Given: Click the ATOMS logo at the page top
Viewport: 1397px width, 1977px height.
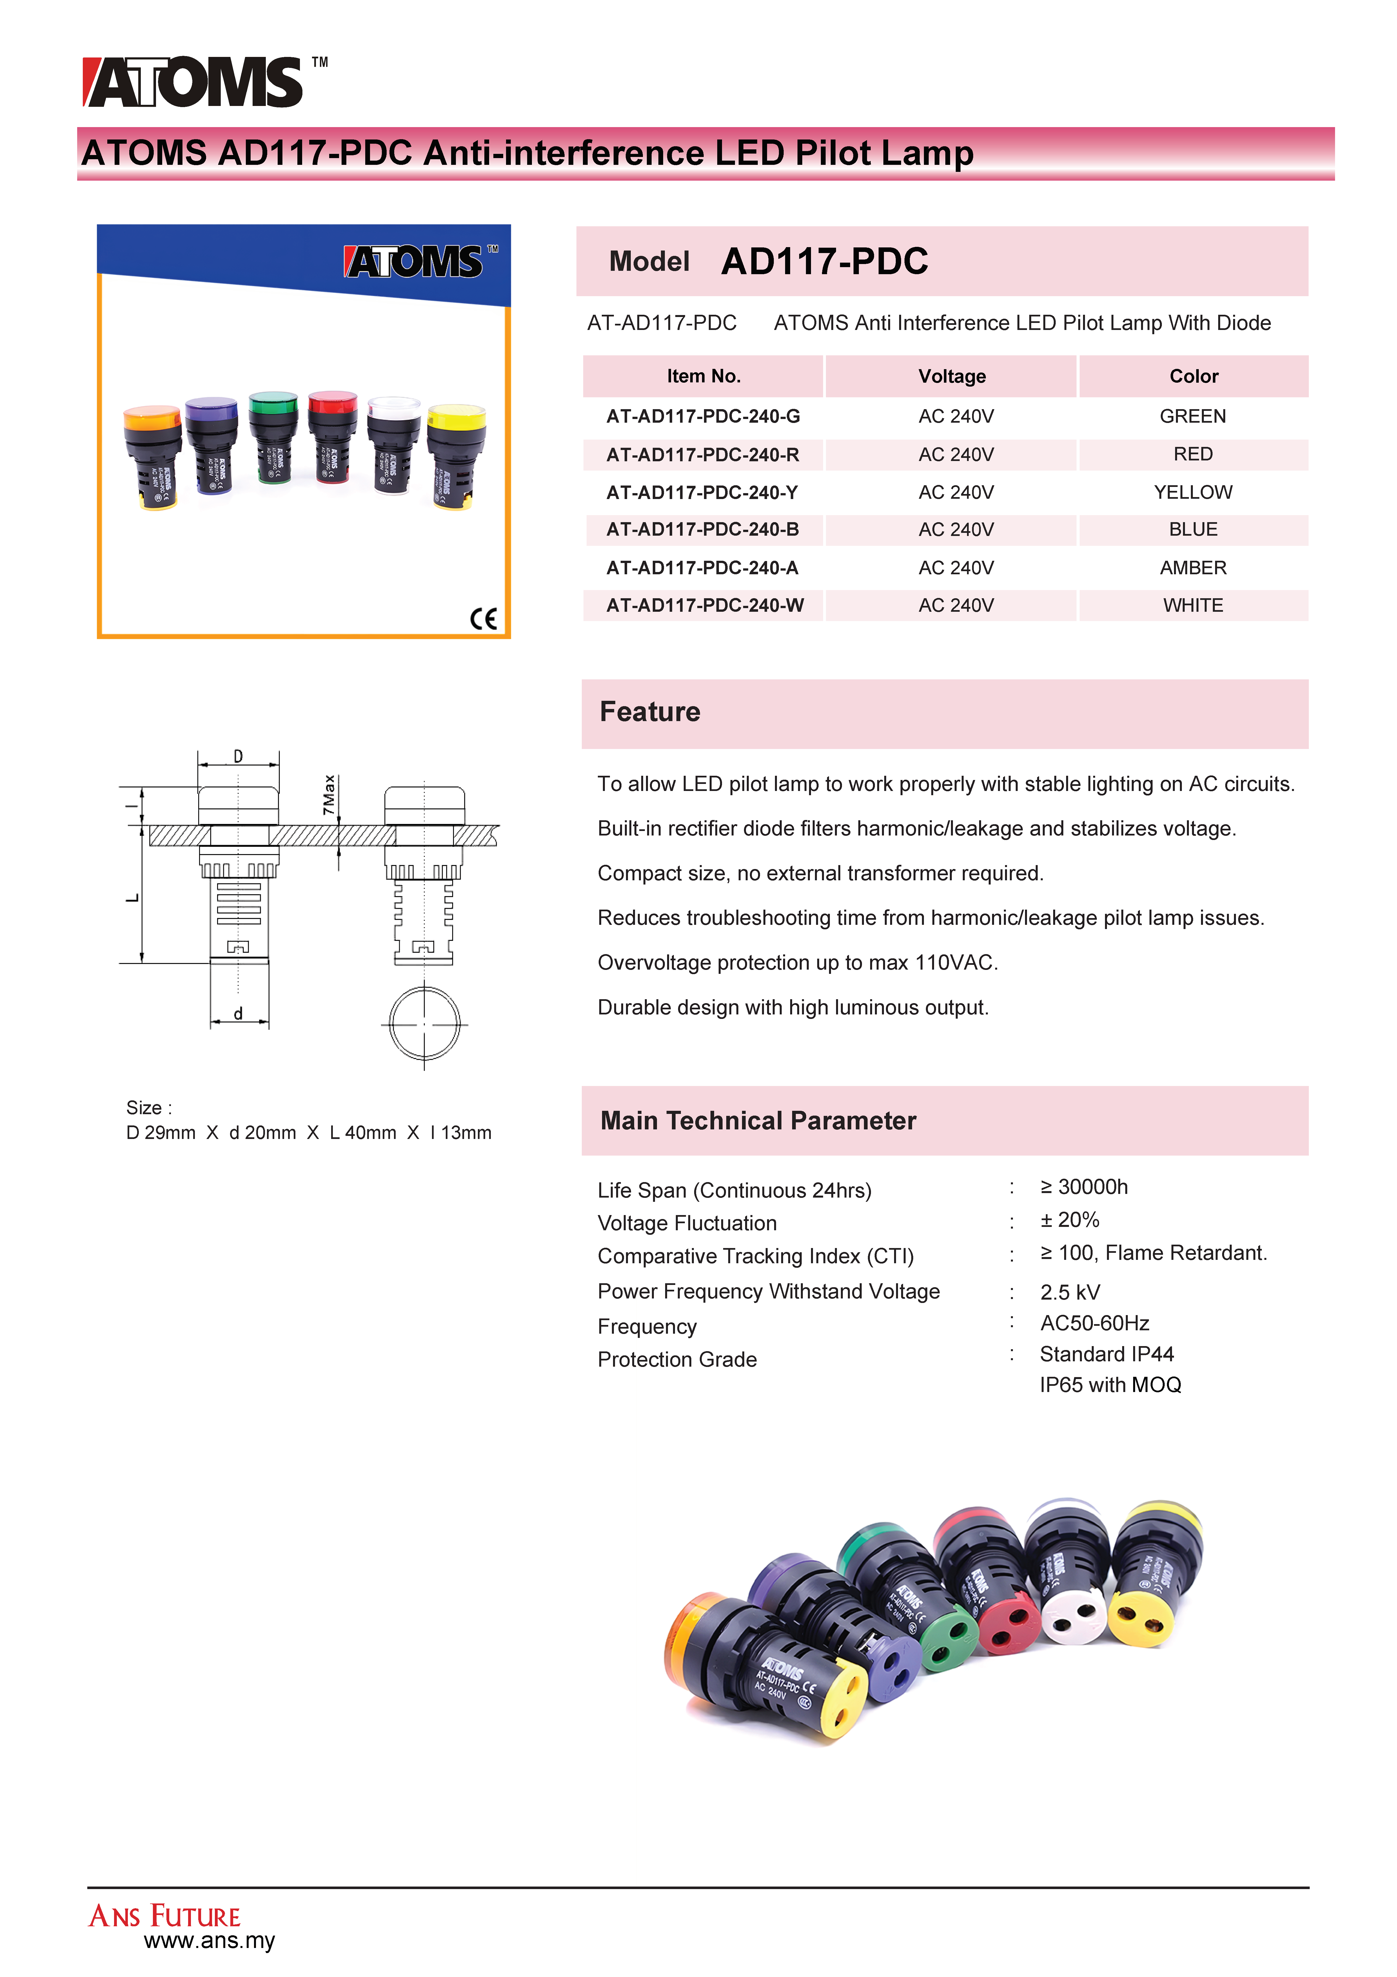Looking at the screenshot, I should pyautogui.click(x=194, y=83).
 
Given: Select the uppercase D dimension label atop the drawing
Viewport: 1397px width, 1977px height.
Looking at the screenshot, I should pyautogui.click(x=239, y=756).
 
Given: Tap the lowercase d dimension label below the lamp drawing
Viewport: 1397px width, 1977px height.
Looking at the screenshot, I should pyautogui.click(x=239, y=1014).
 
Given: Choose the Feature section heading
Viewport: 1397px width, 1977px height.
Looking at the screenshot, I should pyautogui.click(x=650, y=712).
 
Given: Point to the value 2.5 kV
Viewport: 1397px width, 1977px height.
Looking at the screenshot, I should pyautogui.click(x=1070, y=1293).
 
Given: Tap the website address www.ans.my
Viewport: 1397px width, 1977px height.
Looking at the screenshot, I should pyautogui.click(x=209, y=1941).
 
